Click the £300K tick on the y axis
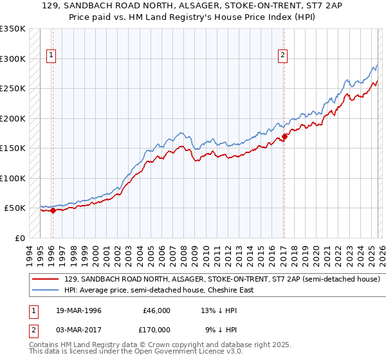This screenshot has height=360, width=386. (13, 59)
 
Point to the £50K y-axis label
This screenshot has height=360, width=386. (14, 208)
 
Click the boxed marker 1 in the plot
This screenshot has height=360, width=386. (52, 56)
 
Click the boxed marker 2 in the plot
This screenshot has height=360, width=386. (282, 56)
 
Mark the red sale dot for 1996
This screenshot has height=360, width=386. (53, 210)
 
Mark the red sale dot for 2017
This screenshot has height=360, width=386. (284, 136)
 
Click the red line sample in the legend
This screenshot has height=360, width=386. (46, 280)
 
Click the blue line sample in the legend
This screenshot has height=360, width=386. (46, 290)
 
